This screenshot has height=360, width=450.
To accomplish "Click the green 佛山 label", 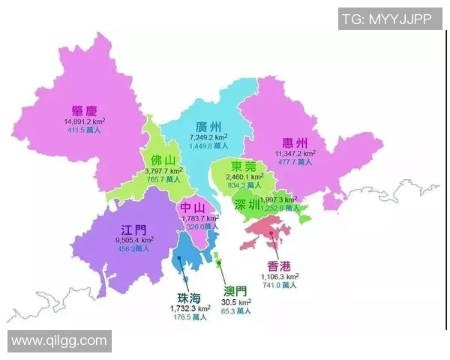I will click(x=163, y=160).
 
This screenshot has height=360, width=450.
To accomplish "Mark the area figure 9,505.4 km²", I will click(x=135, y=240).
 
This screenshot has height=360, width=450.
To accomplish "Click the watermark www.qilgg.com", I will click(x=59, y=340).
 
